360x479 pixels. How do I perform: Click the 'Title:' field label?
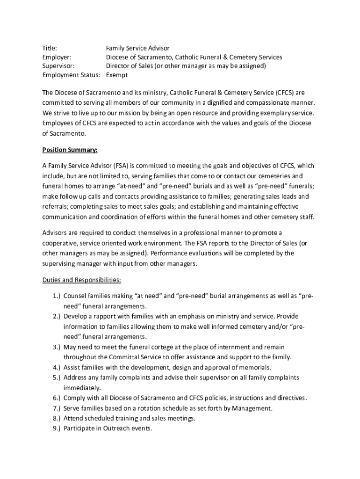click(50, 48)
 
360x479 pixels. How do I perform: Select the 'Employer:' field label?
click(57, 57)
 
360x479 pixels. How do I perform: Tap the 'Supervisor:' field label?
click(58, 66)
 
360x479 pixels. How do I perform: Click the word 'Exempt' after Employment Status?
click(117, 75)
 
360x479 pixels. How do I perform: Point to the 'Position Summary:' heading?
click(70, 150)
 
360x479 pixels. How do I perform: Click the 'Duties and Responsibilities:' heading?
click(82, 280)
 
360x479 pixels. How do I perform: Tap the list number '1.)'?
click(56, 296)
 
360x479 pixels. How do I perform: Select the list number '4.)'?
click(56, 367)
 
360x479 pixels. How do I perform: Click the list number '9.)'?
click(56, 428)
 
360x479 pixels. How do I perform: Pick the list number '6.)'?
click(56, 398)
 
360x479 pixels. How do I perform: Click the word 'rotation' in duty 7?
click(148, 408)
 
